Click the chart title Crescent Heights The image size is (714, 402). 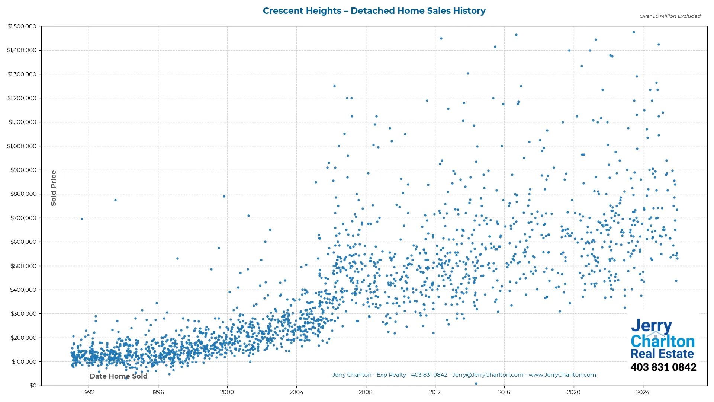click(374, 11)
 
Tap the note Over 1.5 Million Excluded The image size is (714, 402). click(670, 16)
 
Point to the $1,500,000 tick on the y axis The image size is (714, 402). click(22, 26)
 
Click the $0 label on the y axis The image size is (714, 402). click(33, 386)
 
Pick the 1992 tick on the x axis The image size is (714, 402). click(89, 392)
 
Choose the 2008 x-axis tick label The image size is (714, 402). click(366, 392)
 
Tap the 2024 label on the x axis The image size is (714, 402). click(643, 392)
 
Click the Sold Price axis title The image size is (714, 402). click(54, 188)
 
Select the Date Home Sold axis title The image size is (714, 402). click(119, 376)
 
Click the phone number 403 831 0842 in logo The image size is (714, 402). click(663, 367)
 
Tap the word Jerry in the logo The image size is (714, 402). click(651, 326)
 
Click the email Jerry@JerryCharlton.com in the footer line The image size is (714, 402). click(488, 375)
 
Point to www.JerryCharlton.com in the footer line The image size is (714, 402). click(562, 375)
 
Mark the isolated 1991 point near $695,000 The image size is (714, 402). click(82, 219)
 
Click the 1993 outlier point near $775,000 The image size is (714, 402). click(115, 200)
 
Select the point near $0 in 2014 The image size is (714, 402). click(476, 384)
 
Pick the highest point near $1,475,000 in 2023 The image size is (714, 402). click(634, 32)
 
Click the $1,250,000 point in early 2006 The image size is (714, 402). click(334, 86)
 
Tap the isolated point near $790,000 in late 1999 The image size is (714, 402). click(224, 197)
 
